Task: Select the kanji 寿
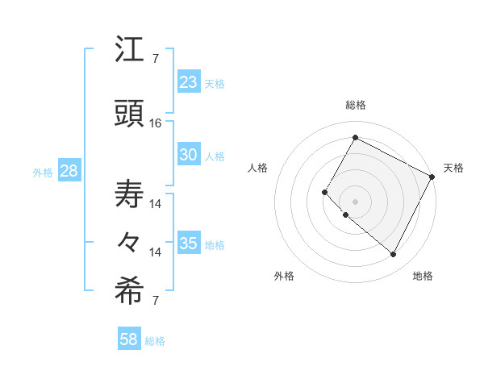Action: (129, 194)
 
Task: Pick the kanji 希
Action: (129, 292)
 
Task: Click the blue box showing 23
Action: (189, 82)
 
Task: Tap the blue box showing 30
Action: (189, 155)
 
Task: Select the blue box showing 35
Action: (189, 244)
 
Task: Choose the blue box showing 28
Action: (69, 171)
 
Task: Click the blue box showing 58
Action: (129, 339)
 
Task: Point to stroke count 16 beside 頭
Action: (156, 123)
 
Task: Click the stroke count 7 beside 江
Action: (156, 59)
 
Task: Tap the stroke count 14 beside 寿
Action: (156, 204)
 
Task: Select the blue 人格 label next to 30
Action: (215, 156)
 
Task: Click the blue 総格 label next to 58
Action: (155, 341)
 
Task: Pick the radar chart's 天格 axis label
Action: (453, 168)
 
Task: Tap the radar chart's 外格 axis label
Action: (284, 277)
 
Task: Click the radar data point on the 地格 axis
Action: (394, 255)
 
